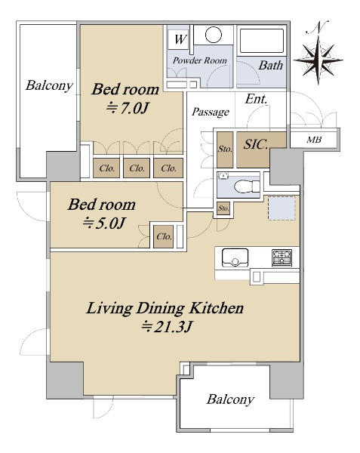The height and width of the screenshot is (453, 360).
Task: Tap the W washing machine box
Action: click(x=180, y=39)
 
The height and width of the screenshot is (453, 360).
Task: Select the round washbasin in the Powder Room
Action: click(x=214, y=35)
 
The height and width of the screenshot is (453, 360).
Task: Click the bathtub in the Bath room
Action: click(x=262, y=41)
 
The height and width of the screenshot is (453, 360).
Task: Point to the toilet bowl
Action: click(x=247, y=186)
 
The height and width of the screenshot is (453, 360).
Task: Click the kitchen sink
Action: click(x=235, y=257)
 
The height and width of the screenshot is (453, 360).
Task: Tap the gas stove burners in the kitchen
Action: click(x=282, y=258)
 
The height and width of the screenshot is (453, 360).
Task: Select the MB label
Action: click(x=314, y=140)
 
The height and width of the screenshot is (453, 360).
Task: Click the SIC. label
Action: click(x=256, y=144)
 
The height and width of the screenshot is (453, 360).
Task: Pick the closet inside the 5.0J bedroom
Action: click(x=164, y=236)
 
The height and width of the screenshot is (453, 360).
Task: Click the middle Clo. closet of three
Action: click(x=137, y=168)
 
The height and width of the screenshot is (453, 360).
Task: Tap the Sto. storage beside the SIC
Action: click(x=225, y=149)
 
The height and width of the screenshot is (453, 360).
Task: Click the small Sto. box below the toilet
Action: click(x=223, y=208)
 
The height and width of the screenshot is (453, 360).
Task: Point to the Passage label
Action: click(x=211, y=112)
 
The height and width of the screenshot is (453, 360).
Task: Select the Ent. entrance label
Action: click(x=256, y=99)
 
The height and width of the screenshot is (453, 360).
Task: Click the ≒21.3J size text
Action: click(x=167, y=327)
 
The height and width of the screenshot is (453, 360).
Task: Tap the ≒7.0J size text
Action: click(x=127, y=108)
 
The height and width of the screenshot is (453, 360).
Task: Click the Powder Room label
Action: click(x=200, y=60)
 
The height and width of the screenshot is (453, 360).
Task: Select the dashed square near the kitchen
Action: click(x=282, y=208)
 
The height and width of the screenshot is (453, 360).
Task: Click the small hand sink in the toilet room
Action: click(x=223, y=175)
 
